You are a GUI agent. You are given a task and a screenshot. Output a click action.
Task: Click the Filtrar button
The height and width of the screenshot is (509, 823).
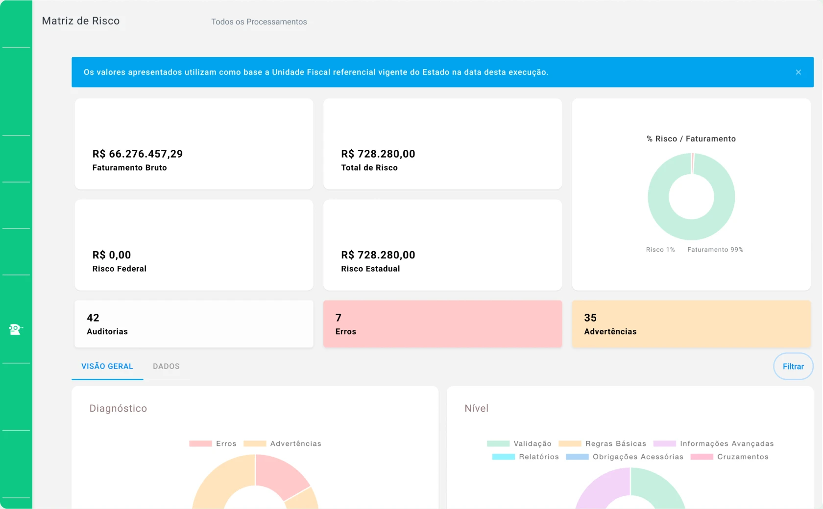click(x=793, y=366)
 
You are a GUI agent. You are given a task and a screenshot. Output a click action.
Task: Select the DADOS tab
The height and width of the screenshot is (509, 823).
click(x=166, y=366)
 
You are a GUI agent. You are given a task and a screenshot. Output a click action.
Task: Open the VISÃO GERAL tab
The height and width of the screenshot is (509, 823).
click(x=107, y=366)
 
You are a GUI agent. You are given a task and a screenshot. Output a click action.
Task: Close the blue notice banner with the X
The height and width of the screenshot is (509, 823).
click(x=798, y=72)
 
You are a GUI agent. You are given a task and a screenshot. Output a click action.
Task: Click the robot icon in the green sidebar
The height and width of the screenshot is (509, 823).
click(x=15, y=329)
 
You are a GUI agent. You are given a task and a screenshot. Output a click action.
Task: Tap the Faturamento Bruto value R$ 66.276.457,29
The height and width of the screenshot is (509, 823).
click(x=137, y=154)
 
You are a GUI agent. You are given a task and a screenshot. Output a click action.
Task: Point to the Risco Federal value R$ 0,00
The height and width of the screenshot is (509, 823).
click(x=112, y=254)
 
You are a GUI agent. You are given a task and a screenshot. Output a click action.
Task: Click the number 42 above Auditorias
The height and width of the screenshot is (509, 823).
click(x=93, y=318)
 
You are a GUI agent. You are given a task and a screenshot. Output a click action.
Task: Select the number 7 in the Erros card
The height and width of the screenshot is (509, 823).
click(x=339, y=318)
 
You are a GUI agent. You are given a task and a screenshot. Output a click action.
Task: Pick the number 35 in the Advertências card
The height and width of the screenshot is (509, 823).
click(x=590, y=318)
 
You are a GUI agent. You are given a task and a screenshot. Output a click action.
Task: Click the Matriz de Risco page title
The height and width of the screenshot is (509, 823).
click(x=81, y=21)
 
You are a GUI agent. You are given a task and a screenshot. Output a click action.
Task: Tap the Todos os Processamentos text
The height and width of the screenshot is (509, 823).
click(x=259, y=22)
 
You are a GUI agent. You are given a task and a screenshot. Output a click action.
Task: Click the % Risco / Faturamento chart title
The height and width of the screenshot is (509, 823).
click(x=691, y=139)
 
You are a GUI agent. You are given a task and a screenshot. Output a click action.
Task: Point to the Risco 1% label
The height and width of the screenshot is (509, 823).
click(x=660, y=250)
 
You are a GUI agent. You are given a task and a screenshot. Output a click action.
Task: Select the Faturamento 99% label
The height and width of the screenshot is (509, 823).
click(x=715, y=250)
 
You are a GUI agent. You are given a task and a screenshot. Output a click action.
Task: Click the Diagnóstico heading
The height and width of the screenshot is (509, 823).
click(x=119, y=409)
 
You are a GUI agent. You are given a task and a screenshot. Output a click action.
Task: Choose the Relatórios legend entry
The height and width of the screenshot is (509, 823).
click(x=525, y=457)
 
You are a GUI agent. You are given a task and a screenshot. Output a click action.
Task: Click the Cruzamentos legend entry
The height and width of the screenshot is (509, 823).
click(x=730, y=457)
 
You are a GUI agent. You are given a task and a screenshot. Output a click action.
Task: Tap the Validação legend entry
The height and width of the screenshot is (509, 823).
click(x=519, y=443)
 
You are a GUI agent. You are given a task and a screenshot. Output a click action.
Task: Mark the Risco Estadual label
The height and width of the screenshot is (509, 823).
click(x=370, y=269)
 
